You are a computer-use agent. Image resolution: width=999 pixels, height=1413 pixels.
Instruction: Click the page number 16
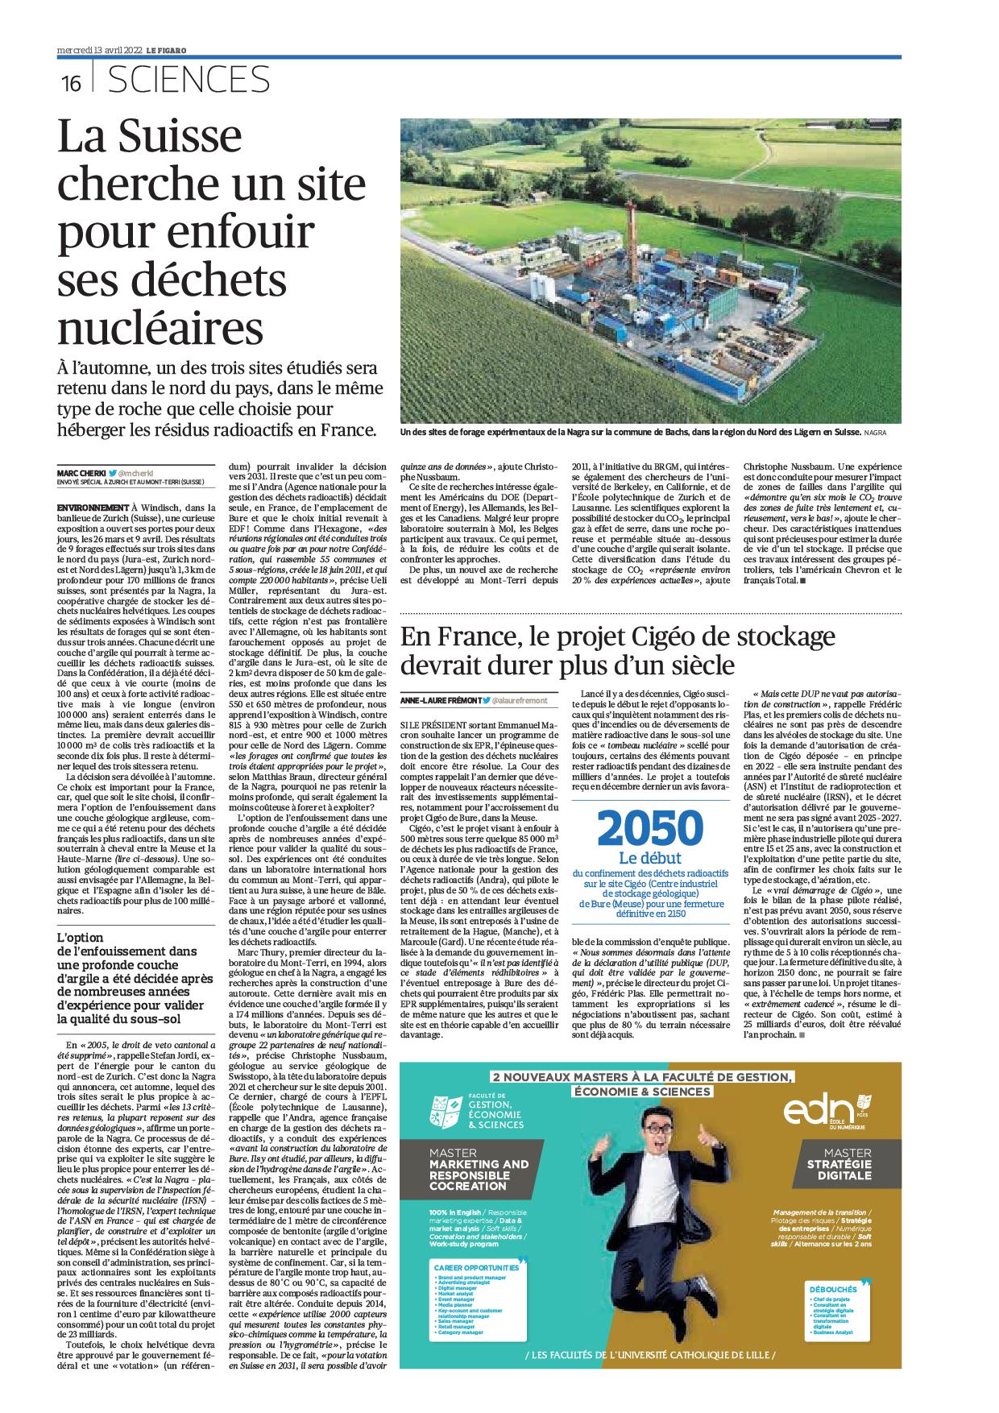[x=71, y=83]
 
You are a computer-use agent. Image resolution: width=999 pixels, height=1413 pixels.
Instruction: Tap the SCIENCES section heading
[x=188, y=80]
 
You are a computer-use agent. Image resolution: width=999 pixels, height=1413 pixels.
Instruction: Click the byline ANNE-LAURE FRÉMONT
[x=441, y=701]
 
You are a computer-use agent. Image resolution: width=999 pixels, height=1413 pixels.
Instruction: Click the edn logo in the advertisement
[x=819, y=1113]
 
